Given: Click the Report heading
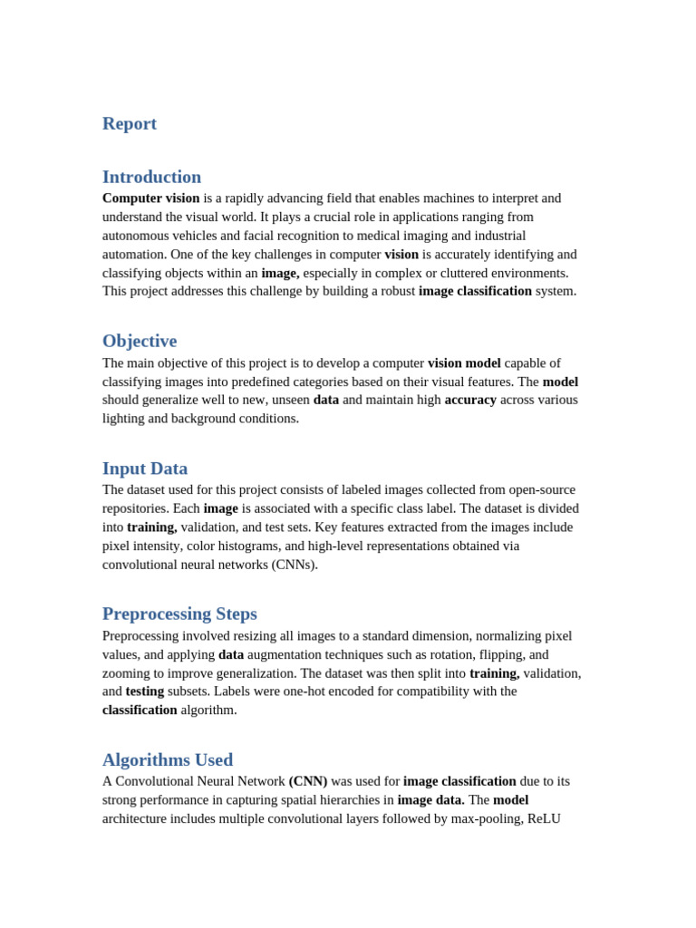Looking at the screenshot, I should pyautogui.click(x=130, y=124).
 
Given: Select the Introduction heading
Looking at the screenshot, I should pyautogui.click(x=151, y=177).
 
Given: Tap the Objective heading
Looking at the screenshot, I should pyautogui.click(x=140, y=342).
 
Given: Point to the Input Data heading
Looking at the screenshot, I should pyautogui.click(x=145, y=469).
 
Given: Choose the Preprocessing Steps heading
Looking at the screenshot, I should pyautogui.click(x=179, y=614).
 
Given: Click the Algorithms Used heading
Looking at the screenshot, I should pyautogui.click(x=168, y=760).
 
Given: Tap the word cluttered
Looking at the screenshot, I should pyautogui.click(x=462, y=273).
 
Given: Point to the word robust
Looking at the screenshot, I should pyautogui.click(x=393, y=291).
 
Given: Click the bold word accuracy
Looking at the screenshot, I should pyautogui.click(x=470, y=400).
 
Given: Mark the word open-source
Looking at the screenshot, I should pyautogui.click(x=542, y=489).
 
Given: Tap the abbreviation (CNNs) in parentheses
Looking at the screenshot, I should pyautogui.click(x=295, y=565).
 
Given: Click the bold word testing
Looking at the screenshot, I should pyautogui.click(x=145, y=691).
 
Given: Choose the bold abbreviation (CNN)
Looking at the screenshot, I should pyautogui.click(x=308, y=781).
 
